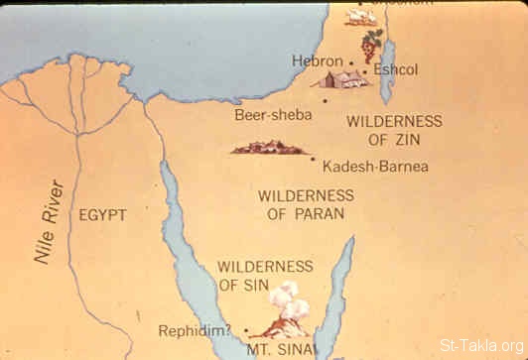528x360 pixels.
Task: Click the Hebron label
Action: click(317, 61)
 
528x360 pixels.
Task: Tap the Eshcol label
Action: click(394, 71)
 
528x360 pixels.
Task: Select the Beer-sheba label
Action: click(273, 115)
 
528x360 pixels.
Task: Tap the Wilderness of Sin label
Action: click(264, 276)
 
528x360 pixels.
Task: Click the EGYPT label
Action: click(103, 214)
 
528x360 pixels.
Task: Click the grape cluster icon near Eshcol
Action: click(371, 44)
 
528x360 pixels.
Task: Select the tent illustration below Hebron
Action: click(341, 78)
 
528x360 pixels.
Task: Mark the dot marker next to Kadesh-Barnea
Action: click(314, 160)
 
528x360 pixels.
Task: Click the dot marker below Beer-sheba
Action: click(324, 101)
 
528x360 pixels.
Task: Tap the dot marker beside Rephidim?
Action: click(243, 330)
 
